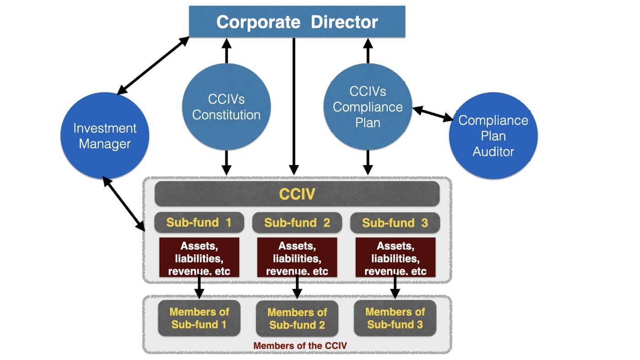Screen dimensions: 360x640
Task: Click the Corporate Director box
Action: (297, 21)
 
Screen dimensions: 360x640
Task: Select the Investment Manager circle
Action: (105, 136)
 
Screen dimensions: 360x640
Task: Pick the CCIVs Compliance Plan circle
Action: (368, 107)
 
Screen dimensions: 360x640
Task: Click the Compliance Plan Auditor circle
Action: (493, 136)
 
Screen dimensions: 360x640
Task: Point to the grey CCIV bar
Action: (297, 194)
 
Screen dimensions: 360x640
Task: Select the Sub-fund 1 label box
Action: (199, 223)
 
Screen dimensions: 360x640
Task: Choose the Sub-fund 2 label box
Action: (297, 223)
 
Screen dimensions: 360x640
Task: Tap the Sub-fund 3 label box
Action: (395, 223)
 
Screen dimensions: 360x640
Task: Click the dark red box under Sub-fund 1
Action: (199, 257)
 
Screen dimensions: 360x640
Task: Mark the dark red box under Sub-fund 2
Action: (297, 257)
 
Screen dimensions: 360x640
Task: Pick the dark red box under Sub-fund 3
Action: (395, 257)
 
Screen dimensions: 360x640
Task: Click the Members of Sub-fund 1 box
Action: (199, 318)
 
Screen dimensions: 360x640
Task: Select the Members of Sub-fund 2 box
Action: (297, 319)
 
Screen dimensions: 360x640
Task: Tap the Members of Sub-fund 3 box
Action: (395, 318)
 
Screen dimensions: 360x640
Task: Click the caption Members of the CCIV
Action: (300, 345)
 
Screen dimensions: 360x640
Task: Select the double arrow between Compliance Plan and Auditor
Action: (432, 113)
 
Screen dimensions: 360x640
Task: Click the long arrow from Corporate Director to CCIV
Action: (294, 105)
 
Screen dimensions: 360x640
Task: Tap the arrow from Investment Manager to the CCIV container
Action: (123, 204)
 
